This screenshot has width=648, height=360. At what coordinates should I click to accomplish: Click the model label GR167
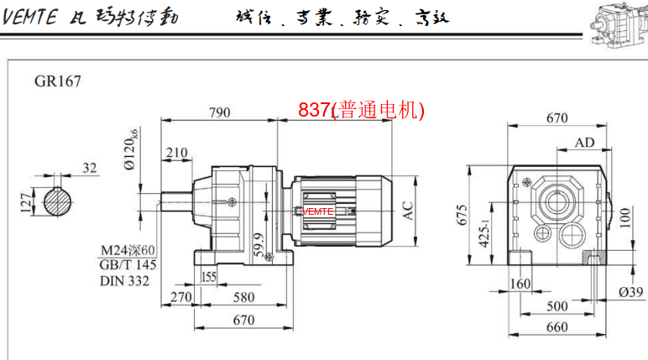click(x=58, y=82)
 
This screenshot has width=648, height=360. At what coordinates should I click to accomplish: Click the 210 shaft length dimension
click(x=176, y=152)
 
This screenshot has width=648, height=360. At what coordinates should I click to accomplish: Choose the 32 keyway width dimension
click(x=90, y=167)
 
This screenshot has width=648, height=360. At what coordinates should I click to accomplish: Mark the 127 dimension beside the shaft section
click(x=24, y=201)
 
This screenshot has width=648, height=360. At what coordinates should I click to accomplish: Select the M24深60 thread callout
click(x=128, y=250)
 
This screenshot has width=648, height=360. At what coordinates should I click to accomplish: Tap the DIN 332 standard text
click(x=125, y=280)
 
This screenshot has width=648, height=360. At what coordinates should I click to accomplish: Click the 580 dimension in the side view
click(x=243, y=296)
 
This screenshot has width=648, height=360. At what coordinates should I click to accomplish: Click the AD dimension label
click(x=584, y=143)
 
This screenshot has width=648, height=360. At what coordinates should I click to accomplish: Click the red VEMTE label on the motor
click(x=318, y=212)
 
